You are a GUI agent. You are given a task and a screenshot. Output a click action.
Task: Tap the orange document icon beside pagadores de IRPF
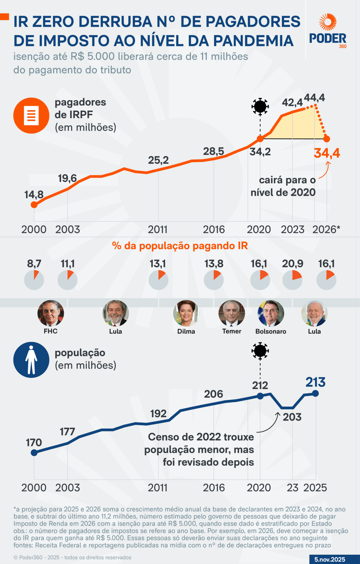(31, 116)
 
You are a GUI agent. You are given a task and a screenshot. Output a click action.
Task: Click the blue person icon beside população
(31, 360)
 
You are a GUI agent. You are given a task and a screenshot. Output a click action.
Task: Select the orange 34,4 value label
(327, 153)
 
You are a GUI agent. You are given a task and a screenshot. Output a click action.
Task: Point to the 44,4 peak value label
(314, 98)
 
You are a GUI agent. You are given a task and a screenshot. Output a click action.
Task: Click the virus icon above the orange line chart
(260, 106)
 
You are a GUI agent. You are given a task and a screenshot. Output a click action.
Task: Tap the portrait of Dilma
(186, 313)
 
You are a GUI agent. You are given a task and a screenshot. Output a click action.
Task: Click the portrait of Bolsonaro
(271, 313)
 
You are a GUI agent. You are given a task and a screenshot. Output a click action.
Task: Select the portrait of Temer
(232, 313)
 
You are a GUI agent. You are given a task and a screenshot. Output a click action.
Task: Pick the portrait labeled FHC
(51, 313)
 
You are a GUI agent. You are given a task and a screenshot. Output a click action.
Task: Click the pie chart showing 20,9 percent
(292, 280)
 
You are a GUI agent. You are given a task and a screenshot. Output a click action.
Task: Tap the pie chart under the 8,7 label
(34, 280)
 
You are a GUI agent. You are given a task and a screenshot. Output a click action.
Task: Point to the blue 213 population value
(315, 383)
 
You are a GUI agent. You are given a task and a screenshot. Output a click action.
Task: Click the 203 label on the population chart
(292, 417)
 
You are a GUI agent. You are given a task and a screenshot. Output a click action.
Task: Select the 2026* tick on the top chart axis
(326, 229)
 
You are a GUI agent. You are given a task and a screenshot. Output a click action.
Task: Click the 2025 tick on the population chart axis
(315, 488)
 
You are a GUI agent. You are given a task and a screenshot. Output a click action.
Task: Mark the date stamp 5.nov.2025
(330, 559)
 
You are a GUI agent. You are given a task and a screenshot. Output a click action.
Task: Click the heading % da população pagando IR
(180, 246)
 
